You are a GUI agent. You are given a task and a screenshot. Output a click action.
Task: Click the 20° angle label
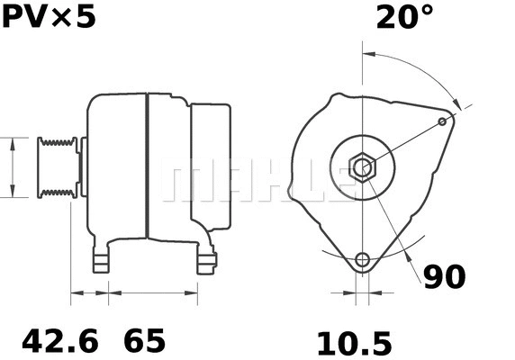(x=404, y=18)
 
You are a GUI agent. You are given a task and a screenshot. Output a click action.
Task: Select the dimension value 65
(x=144, y=341)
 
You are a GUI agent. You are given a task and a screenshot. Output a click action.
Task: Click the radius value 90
(x=444, y=277)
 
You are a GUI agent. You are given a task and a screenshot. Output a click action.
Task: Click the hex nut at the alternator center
(x=363, y=167)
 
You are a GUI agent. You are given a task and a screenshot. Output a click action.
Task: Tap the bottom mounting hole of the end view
(x=363, y=260)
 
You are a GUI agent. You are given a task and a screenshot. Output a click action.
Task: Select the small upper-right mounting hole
(x=442, y=121)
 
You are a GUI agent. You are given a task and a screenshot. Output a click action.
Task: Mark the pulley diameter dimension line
(x=13, y=166)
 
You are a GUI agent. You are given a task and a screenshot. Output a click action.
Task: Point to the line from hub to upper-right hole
(x=405, y=143)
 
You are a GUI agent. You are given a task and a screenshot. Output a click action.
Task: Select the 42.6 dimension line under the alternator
(x=89, y=292)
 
